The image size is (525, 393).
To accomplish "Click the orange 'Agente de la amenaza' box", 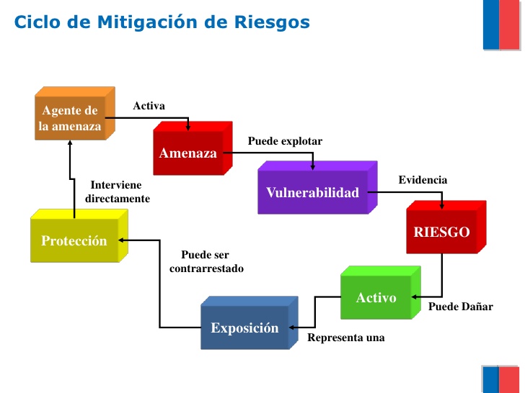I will pyautogui.click(x=70, y=119).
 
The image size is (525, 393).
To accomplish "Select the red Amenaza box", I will pyautogui.click(x=188, y=153).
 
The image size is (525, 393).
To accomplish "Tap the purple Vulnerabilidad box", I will pyautogui.click(x=312, y=192).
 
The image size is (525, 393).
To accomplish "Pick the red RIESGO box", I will pyautogui.click(x=441, y=232).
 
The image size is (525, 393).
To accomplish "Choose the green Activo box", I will pyautogui.click(x=376, y=297).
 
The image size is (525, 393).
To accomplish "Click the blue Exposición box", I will pyautogui.click(x=244, y=328).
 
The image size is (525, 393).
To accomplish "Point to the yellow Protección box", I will pyautogui.click(x=74, y=241).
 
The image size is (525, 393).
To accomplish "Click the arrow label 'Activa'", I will pyautogui.click(x=149, y=106).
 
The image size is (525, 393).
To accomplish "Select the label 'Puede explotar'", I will pyautogui.click(x=285, y=141).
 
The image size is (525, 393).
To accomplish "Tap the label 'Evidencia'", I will pyautogui.click(x=423, y=179).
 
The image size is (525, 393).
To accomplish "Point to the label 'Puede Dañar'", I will pyautogui.click(x=461, y=307).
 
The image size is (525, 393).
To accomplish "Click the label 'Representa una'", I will pyautogui.click(x=346, y=337).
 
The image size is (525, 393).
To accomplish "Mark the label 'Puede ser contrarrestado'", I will pyautogui.click(x=206, y=261).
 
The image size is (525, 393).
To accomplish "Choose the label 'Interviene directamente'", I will pyautogui.click(x=117, y=191).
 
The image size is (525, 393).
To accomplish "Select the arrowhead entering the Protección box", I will pyautogui.click(x=123, y=240).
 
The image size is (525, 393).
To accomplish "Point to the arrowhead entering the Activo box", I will pyautogui.click(x=412, y=297).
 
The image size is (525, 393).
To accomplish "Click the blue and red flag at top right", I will pyautogui.click(x=501, y=24).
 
